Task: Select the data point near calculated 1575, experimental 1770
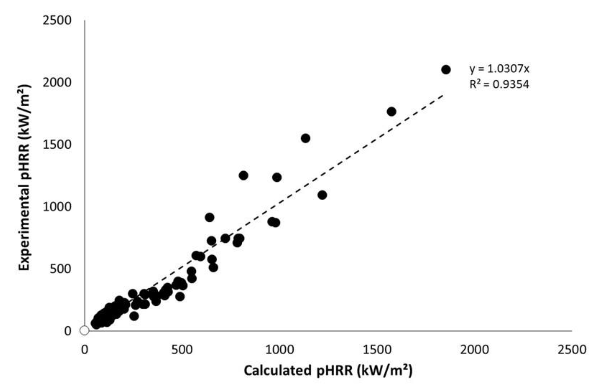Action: pyautogui.click(x=391, y=111)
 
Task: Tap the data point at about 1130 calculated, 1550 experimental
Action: pyautogui.click(x=306, y=138)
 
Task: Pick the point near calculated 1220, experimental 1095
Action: pyautogui.click(x=322, y=195)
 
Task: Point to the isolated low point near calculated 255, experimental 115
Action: pyautogui.click(x=134, y=316)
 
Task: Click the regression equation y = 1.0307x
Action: pyautogui.click(x=499, y=69)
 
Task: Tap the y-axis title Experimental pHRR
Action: pyautogui.click(x=25, y=177)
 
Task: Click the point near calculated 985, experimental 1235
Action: pyautogui.click(x=277, y=177)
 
